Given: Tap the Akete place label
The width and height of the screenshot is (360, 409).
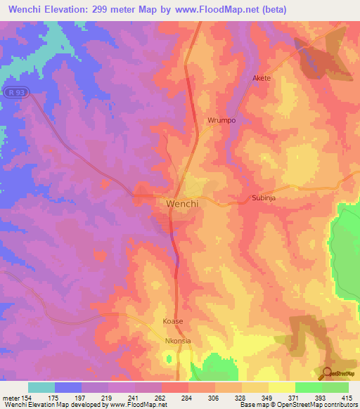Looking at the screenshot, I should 261,78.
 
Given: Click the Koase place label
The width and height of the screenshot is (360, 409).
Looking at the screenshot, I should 172,321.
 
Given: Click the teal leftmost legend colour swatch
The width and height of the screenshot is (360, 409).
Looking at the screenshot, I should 41,387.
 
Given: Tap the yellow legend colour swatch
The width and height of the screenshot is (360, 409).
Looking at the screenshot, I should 281,387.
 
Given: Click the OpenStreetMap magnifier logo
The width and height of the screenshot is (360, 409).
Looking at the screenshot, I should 328,373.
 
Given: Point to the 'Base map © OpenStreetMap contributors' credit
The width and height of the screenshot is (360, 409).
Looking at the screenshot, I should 298,405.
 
